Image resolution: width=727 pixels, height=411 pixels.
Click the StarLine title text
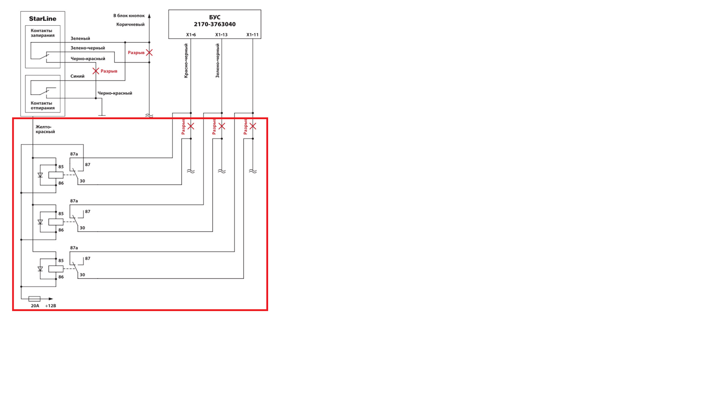pos(42,19)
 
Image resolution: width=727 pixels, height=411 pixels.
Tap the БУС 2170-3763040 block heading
pos(215,21)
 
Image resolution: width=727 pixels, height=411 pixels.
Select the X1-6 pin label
pos(191,35)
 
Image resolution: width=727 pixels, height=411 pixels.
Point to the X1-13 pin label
pos(222,35)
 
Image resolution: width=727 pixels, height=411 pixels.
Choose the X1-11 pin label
pos(253,35)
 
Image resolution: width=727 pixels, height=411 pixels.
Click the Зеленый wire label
pos(80,38)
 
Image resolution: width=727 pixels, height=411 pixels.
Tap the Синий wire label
pos(77,76)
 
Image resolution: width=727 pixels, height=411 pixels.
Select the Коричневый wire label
pos(130,25)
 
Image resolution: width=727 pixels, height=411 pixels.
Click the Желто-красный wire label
pos(45,129)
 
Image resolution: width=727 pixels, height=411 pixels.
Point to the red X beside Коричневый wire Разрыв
pos(149,53)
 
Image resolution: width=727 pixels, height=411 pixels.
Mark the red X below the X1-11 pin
pos(253,126)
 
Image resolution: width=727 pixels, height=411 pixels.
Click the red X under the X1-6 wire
pos(191,126)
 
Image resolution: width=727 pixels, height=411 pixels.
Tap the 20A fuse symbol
pos(34,299)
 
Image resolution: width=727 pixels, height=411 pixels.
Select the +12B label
pos(50,306)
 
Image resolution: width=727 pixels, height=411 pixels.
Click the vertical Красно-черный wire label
pos(186,61)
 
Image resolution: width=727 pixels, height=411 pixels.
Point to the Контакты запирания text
pos(42,33)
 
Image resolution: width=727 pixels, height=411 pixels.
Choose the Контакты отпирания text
pos(42,105)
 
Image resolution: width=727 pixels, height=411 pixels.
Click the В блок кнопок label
pos(129,16)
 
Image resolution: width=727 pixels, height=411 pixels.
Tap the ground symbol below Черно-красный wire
pos(101,115)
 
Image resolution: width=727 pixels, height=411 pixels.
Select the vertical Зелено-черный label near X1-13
pos(217,61)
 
